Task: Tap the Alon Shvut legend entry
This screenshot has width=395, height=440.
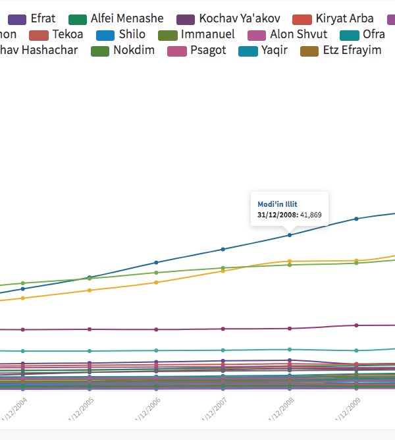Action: tap(298, 34)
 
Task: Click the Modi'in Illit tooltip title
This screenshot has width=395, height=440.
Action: tap(277, 204)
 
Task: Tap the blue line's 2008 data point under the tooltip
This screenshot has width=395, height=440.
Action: tap(289, 235)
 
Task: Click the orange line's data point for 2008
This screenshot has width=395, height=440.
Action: tap(289, 261)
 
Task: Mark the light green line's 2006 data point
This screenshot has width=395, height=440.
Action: tap(156, 273)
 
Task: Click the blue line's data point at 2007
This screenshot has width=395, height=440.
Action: tap(223, 249)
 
